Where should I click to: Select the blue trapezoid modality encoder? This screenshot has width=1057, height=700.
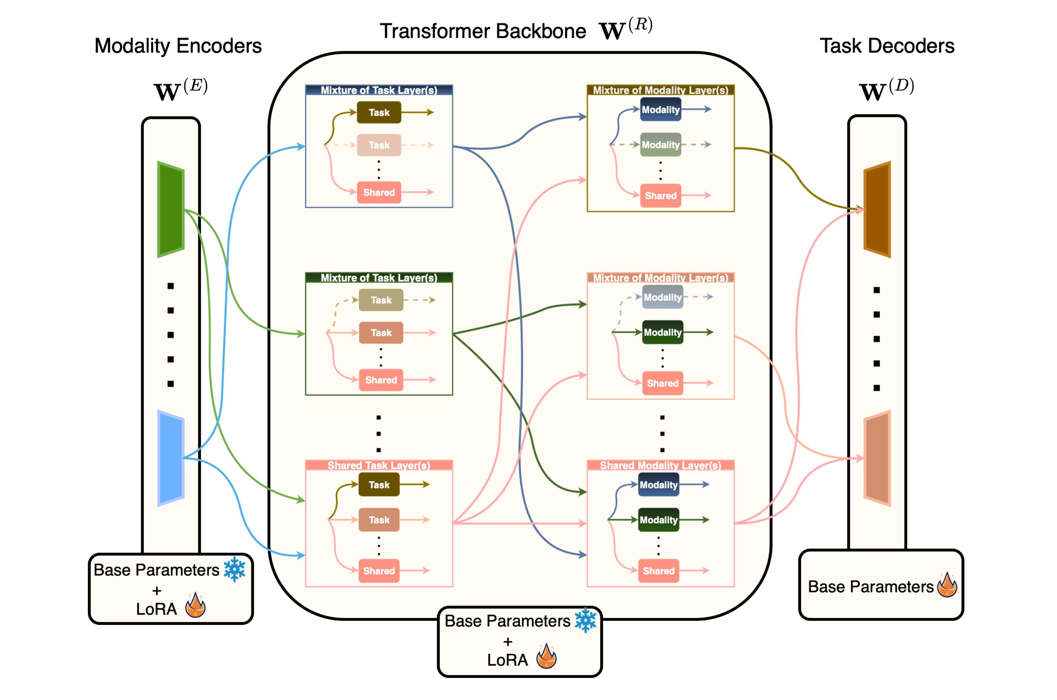click(171, 458)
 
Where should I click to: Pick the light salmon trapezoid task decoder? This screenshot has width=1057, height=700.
click(877, 458)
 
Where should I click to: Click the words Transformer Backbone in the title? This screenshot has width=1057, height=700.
click(483, 31)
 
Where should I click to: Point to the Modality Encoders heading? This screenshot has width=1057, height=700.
click(178, 46)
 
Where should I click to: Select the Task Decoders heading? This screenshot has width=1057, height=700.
click(887, 46)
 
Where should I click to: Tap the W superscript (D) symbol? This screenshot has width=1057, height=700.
click(886, 89)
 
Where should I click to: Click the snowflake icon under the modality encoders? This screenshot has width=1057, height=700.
click(235, 569)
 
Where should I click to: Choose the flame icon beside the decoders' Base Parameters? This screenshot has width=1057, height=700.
click(947, 585)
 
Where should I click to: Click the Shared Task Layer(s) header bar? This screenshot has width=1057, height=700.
click(379, 465)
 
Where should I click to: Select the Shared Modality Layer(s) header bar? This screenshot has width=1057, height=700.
click(660, 465)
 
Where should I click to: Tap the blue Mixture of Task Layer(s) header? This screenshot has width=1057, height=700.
click(379, 90)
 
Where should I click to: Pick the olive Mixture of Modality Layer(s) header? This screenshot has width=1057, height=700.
click(660, 90)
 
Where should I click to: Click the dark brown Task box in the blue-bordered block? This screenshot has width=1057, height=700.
click(379, 112)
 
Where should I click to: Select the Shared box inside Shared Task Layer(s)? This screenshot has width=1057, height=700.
click(379, 570)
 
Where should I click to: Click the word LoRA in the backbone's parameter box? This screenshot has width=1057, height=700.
click(507, 660)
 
